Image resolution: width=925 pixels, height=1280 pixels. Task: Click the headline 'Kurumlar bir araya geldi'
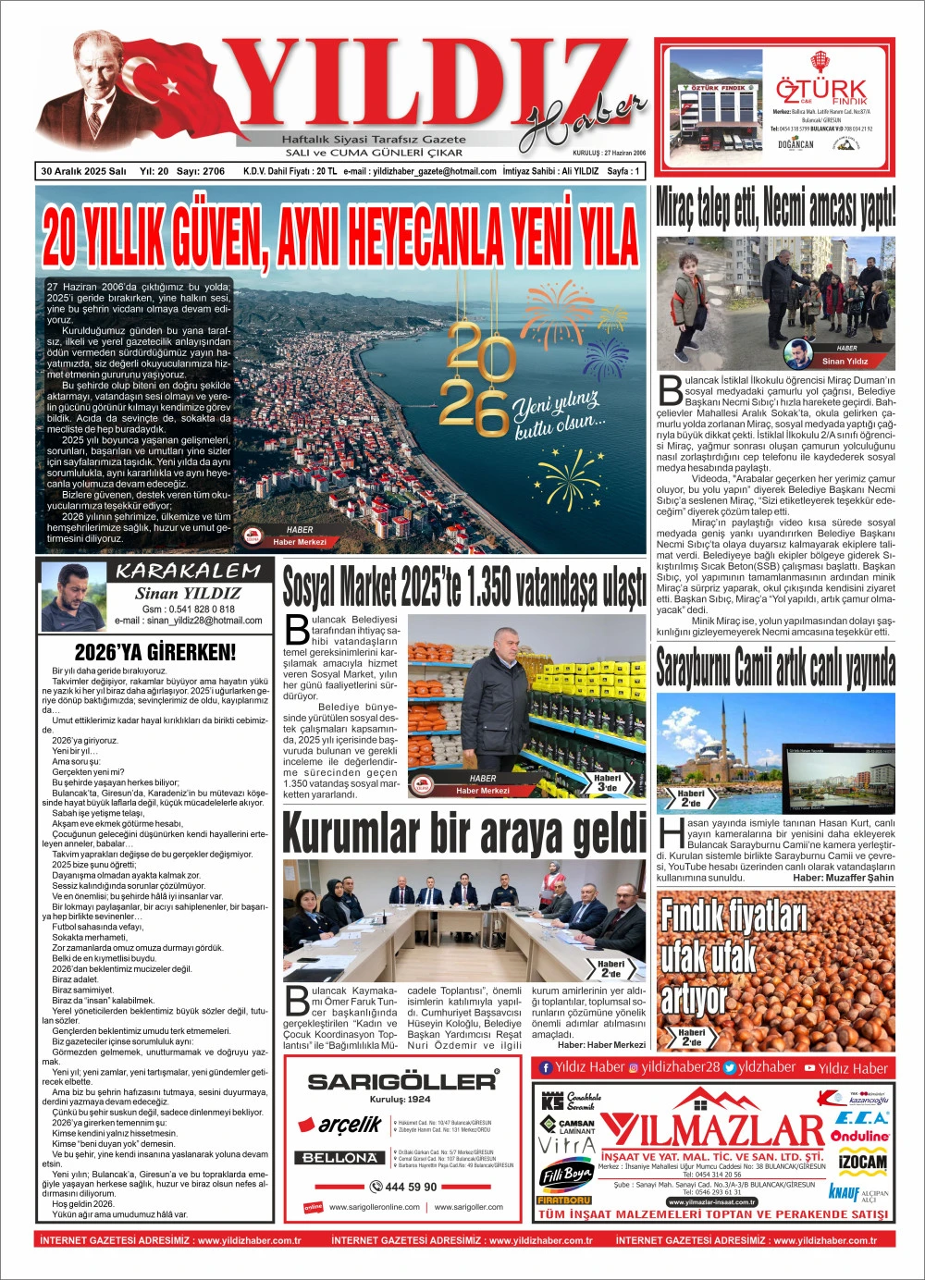click(464, 832)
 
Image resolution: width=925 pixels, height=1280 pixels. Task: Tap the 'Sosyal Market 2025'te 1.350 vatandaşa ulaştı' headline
click(464, 586)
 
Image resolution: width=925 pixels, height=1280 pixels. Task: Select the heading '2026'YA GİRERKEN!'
click(155, 652)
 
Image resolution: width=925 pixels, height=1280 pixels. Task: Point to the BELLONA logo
click(340, 1157)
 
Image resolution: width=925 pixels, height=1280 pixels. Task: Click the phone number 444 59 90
click(403, 1187)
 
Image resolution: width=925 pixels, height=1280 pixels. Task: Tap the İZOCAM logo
click(862, 1162)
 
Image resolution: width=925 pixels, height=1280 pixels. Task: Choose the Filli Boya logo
click(566, 1175)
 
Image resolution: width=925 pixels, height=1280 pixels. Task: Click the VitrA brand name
click(566, 1146)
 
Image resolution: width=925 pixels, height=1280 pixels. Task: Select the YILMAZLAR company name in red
click(712, 1130)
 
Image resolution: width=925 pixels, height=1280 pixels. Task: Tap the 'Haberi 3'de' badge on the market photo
click(608, 782)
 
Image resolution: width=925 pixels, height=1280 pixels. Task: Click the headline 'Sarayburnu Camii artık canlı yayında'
click(775, 668)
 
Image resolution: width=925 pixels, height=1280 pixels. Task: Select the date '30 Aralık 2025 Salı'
click(83, 171)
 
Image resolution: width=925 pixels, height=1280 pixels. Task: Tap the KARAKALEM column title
click(188, 571)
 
